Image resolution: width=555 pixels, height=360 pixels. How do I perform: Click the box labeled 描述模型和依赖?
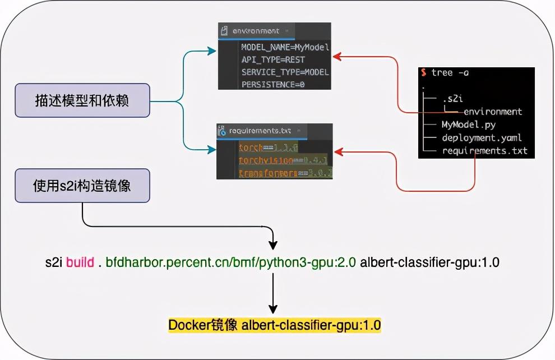click(82, 101)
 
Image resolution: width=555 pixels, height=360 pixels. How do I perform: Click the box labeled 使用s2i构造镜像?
click(82, 186)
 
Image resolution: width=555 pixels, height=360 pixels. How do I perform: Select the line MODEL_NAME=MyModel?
click(285, 47)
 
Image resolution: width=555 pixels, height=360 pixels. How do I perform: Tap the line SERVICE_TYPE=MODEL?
click(285, 72)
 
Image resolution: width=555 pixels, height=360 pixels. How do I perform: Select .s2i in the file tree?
click(452, 99)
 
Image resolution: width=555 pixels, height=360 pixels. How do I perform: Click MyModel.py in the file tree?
click(468, 124)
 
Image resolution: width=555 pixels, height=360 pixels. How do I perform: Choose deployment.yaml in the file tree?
click(482, 137)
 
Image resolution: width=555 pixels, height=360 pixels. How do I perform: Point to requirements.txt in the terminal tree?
click(484, 150)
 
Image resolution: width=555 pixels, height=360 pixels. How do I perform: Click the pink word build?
click(80, 262)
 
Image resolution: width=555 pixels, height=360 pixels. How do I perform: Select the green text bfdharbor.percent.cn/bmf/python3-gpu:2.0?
click(231, 262)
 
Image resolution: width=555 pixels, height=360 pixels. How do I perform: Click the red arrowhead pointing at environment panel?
click(336, 56)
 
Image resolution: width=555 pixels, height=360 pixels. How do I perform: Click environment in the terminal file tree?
click(493, 112)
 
